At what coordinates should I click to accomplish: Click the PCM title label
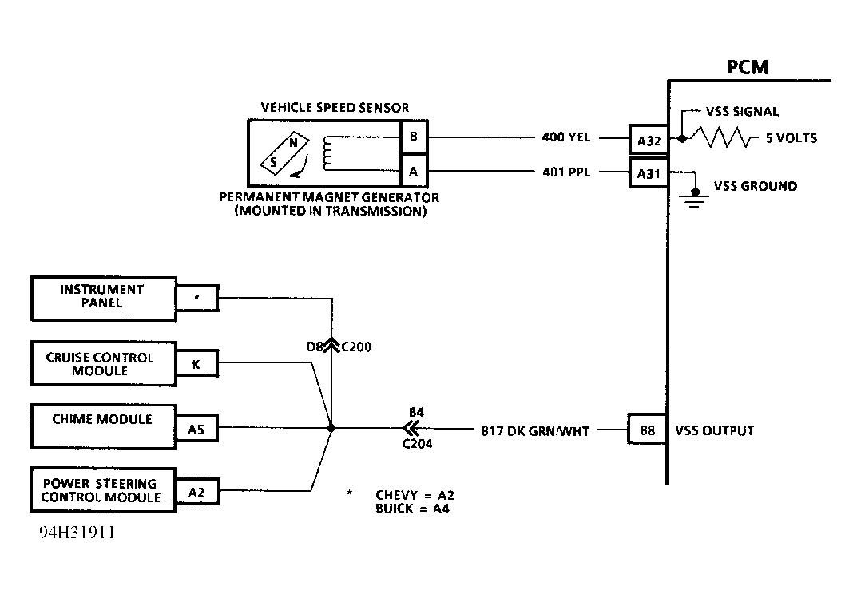(x=748, y=67)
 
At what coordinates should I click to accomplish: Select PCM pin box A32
(x=649, y=141)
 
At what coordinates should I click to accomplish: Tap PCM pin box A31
(x=649, y=173)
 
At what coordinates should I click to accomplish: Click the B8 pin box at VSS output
(x=648, y=430)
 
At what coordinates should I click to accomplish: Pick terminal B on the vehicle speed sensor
(x=414, y=137)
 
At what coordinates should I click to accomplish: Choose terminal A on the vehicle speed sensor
(x=414, y=172)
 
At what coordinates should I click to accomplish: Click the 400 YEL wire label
(x=566, y=137)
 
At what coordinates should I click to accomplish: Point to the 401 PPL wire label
(x=566, y=172)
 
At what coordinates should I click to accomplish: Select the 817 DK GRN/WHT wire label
(x=535, y=431)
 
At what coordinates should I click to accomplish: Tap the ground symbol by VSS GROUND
(x=695, y=197)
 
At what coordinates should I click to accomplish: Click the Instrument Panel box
(x=104, y=299)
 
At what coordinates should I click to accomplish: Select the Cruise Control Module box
(x=104, y=363)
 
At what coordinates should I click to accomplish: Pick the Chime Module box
(x=104, y=426)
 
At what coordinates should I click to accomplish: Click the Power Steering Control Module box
(x=103, y=490)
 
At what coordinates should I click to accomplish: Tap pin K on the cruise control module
(x=196, y=364)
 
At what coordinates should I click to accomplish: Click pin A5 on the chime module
(x=196, y=429)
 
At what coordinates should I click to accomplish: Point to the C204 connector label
(x=417, y=444)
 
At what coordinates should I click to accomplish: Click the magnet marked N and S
(x=284, y=152)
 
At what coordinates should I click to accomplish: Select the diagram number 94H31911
(x=77, y=532)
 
